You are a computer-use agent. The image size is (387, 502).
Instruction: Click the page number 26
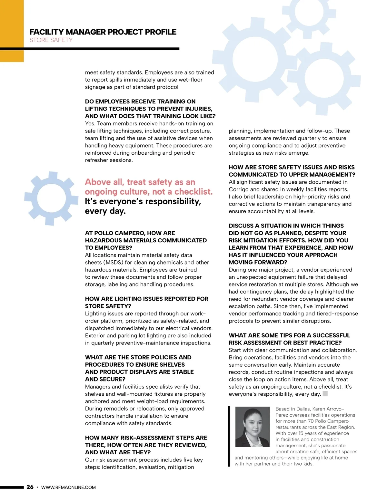click(x=30, y=487)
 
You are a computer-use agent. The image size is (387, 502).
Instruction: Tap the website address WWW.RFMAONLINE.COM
click(x=68, y=487)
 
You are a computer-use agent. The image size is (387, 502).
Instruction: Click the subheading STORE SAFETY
click(x=51, y=40)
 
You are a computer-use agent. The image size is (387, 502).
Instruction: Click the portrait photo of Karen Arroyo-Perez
click(x=253, y=427)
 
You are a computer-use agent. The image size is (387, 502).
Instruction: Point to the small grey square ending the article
click(x=325, y=393)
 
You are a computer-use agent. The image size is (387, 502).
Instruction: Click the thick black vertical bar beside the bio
click(x=229, y=436)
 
